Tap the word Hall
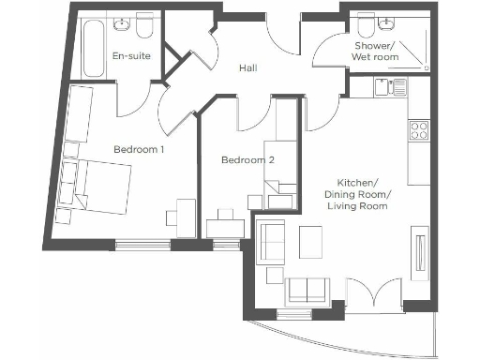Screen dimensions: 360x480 pyautogui.click(x=247, y=67)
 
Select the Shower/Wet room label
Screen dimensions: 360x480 pyautogui.click(x=375, y=52)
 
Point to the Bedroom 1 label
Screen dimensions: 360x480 pyautogui.click(x=140, y=149)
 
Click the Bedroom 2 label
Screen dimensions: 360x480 pyautogui.click(x=247, y=160)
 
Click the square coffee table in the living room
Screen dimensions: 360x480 pyautogui.click(x=311, y=241)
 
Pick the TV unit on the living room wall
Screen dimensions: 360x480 pyautogui.click(x=419, y=254)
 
